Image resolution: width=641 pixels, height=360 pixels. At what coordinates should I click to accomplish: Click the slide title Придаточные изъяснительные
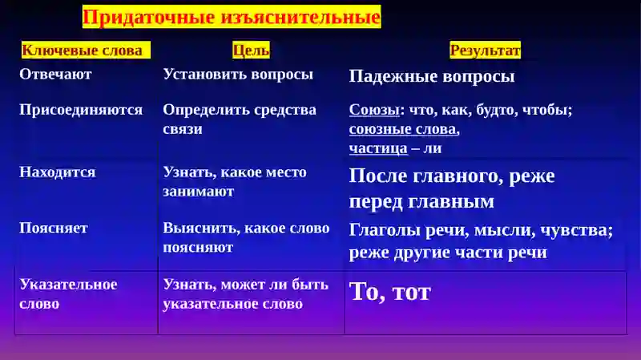click(231, 17)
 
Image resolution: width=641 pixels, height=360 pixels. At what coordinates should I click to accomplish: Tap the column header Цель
click(251, 51)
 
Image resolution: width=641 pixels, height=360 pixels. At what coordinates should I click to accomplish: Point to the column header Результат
click(485, 51)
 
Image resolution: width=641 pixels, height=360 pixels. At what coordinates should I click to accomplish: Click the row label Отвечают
click(55, 75)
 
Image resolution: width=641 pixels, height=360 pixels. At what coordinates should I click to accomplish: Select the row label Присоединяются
click(81, 110)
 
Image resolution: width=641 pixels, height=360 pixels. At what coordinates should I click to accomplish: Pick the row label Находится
click(57, 172)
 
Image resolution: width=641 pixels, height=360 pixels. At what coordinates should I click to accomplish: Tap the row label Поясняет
click(54, 228)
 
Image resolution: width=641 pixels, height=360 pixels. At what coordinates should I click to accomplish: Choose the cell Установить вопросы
click(238, 75)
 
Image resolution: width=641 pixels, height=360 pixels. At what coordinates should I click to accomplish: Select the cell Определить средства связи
click(240, 119)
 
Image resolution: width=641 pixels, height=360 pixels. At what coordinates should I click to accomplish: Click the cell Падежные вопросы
click(432, 77)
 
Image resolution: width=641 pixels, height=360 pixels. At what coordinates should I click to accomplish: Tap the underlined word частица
click(377, 148)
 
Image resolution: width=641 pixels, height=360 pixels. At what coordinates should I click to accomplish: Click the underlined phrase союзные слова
click(404, 129)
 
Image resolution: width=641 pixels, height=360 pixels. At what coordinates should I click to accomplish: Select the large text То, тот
click(389, 291)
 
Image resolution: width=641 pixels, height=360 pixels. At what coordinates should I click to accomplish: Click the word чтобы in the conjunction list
click(549, 111)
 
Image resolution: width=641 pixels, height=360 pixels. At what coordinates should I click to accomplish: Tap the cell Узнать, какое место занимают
click(235, 182)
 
